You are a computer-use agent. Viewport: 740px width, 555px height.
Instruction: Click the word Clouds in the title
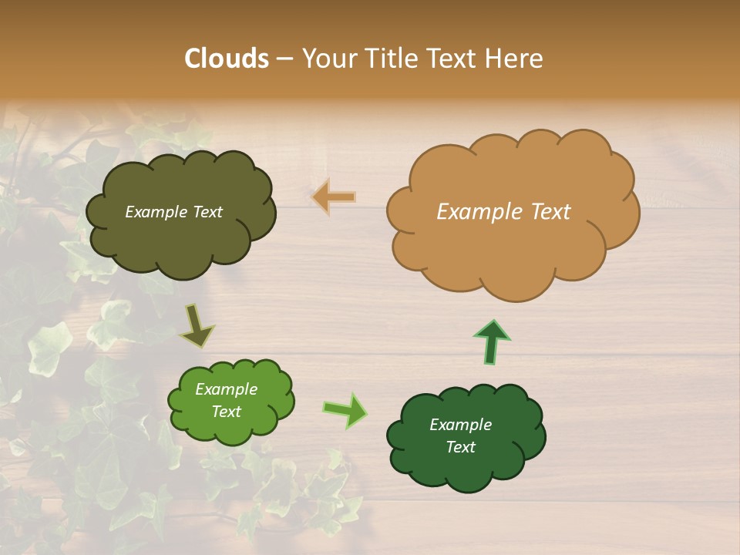pyautogui.click(x=227, y=59)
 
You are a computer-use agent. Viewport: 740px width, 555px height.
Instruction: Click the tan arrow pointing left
pyautogui.click(x=334, y=197)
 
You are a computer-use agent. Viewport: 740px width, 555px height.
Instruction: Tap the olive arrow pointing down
pyautogui.click(x=197, y=327)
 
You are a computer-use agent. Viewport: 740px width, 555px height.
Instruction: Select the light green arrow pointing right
pyautogui.click(x=345, y=410)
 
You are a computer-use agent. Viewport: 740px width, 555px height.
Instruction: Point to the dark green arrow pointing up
pyautogui.click(x=492, y=342)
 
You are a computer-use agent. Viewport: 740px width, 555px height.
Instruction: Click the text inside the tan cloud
pyautogui.click(x=503, y=212)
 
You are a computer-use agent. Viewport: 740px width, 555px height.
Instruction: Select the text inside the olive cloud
pyautogui.click(x=173, y=212)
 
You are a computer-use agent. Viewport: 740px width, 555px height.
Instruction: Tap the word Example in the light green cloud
pyautogui.click(x=226, y=389)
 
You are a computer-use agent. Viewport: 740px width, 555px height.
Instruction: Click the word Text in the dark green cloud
pyautogui.click(x=460, y=447)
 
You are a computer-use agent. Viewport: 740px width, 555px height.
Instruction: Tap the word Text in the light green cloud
pyautogui.click(x=226, y=412)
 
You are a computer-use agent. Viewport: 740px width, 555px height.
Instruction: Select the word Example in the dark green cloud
pyautogui.click(x=460, y=425)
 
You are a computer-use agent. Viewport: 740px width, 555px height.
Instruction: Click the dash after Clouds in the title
pyautogui.click(x=284, y=59)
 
